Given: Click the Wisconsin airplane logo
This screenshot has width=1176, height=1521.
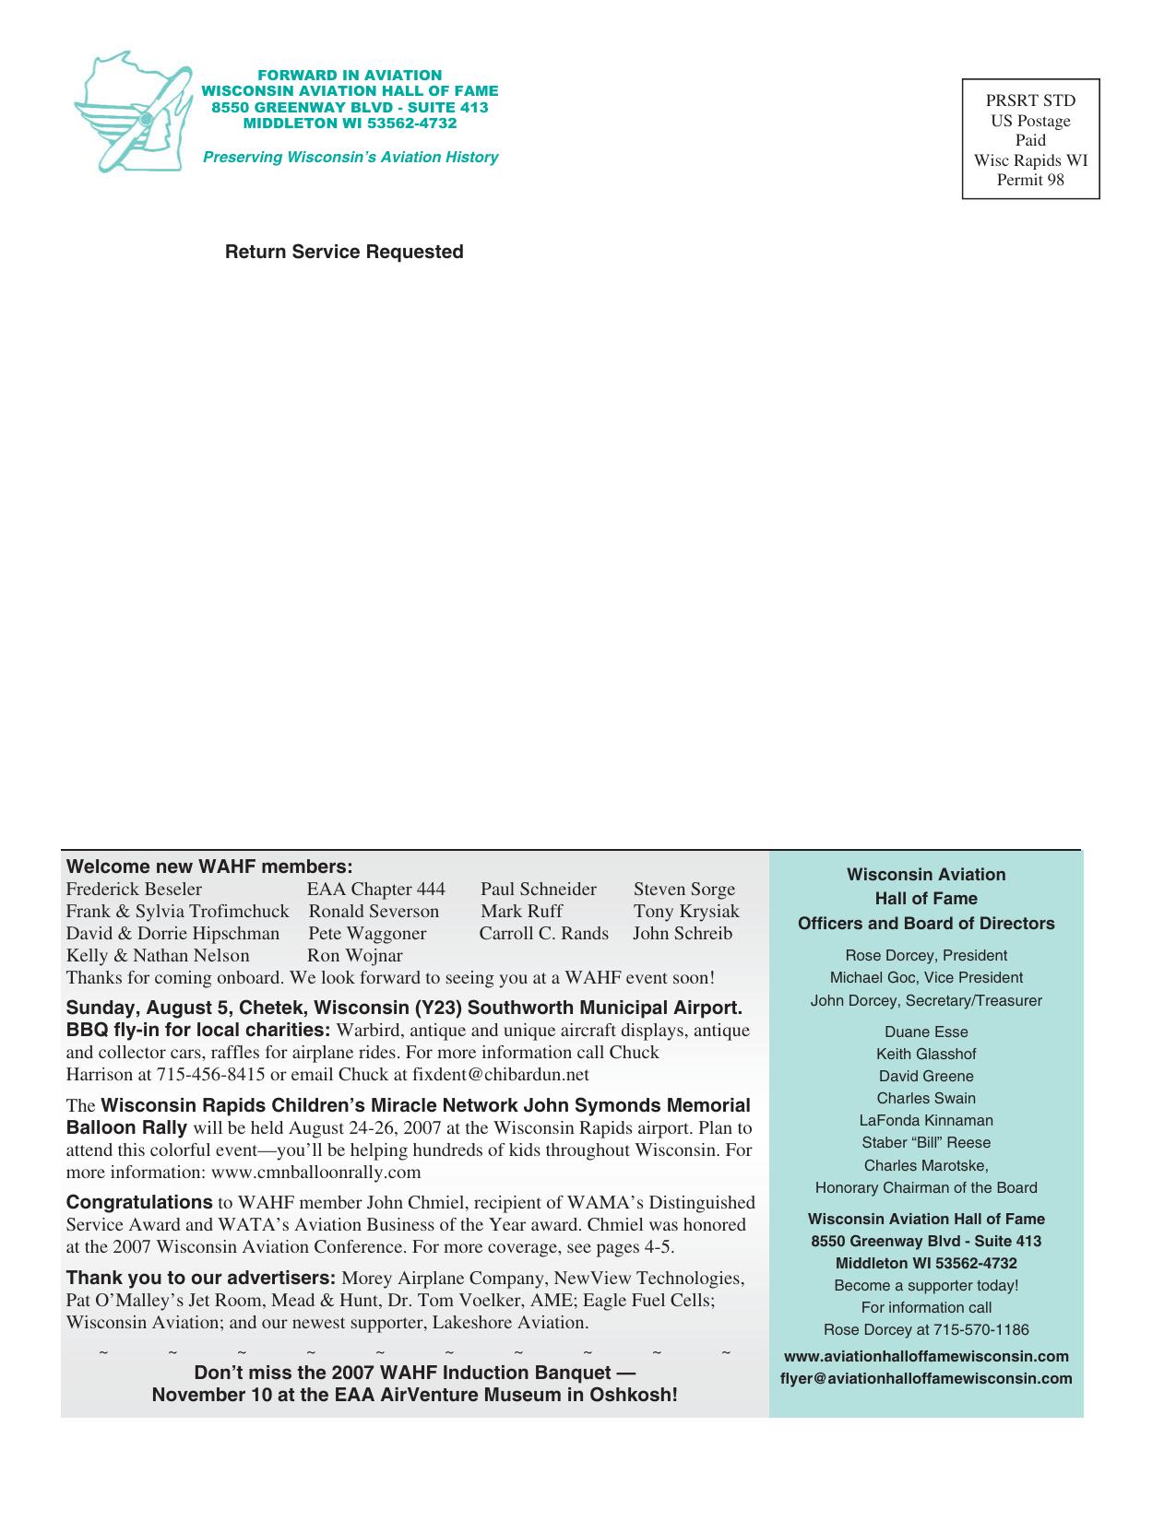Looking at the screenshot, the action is (132, 113).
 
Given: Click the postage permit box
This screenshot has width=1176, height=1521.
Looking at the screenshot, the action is (1030, 139).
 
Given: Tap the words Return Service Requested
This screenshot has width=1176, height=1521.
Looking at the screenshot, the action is (344, 252).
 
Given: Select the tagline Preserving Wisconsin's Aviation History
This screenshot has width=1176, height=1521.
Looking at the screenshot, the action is (350, 157).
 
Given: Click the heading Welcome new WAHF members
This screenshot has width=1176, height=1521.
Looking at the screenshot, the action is (209, 867).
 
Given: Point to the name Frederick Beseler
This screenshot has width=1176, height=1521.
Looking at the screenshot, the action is (134, 889).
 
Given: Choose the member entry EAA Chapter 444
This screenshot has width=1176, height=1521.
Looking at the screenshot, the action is (376, 889).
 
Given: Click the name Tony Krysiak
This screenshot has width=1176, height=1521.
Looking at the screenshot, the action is (686, 911).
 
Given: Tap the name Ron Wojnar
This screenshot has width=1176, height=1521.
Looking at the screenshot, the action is (355, 955).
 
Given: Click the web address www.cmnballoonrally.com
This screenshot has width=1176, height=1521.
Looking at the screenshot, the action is (316, 1173).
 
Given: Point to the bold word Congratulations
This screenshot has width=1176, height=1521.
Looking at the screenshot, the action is (139, 1202).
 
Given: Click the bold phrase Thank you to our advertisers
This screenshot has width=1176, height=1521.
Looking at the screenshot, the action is (200, 1278).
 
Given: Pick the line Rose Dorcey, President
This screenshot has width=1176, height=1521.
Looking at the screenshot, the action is (926, 955).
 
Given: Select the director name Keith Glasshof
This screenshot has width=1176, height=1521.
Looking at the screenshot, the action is (926, 1054).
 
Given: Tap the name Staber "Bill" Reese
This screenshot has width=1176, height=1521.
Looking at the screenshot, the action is (926, 1142).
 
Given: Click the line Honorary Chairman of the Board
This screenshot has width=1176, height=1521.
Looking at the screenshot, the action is (926, 1187).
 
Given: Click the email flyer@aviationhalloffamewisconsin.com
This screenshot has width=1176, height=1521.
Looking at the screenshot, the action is (926, 1378).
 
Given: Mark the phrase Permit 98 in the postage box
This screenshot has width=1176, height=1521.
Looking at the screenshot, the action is (1030, 180).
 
